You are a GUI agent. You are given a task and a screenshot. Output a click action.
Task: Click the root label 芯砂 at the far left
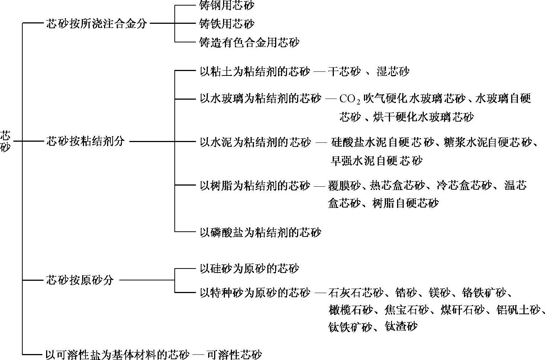[6, 141]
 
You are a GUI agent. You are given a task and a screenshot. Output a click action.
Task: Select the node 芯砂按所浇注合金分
[97, 24]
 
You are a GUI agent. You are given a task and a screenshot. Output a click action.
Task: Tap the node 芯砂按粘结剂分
[86, 141]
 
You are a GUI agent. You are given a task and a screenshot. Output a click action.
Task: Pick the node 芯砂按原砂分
[80, 280]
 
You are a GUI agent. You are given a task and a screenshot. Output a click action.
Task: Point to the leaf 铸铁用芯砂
[227, 24]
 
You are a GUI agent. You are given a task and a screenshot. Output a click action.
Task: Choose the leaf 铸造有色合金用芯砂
[249, 42]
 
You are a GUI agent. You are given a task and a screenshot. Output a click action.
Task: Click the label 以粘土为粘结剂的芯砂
[255, 71]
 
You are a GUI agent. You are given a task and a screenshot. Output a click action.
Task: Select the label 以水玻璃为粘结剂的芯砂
[260, 99]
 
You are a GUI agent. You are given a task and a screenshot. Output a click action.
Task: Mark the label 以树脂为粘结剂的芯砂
[255, 185]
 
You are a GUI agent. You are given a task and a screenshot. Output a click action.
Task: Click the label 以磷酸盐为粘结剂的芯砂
[260, 232]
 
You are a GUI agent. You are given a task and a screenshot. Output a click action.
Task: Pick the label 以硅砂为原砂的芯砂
[249, 269]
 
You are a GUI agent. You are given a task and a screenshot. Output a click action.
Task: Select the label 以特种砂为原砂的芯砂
[255, 293]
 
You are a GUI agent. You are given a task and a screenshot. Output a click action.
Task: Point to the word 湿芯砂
[393, 71]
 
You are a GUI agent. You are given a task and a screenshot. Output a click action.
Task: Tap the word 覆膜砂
[344, 185]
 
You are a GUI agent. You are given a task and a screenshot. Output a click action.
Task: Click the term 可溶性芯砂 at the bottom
[234, 354]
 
